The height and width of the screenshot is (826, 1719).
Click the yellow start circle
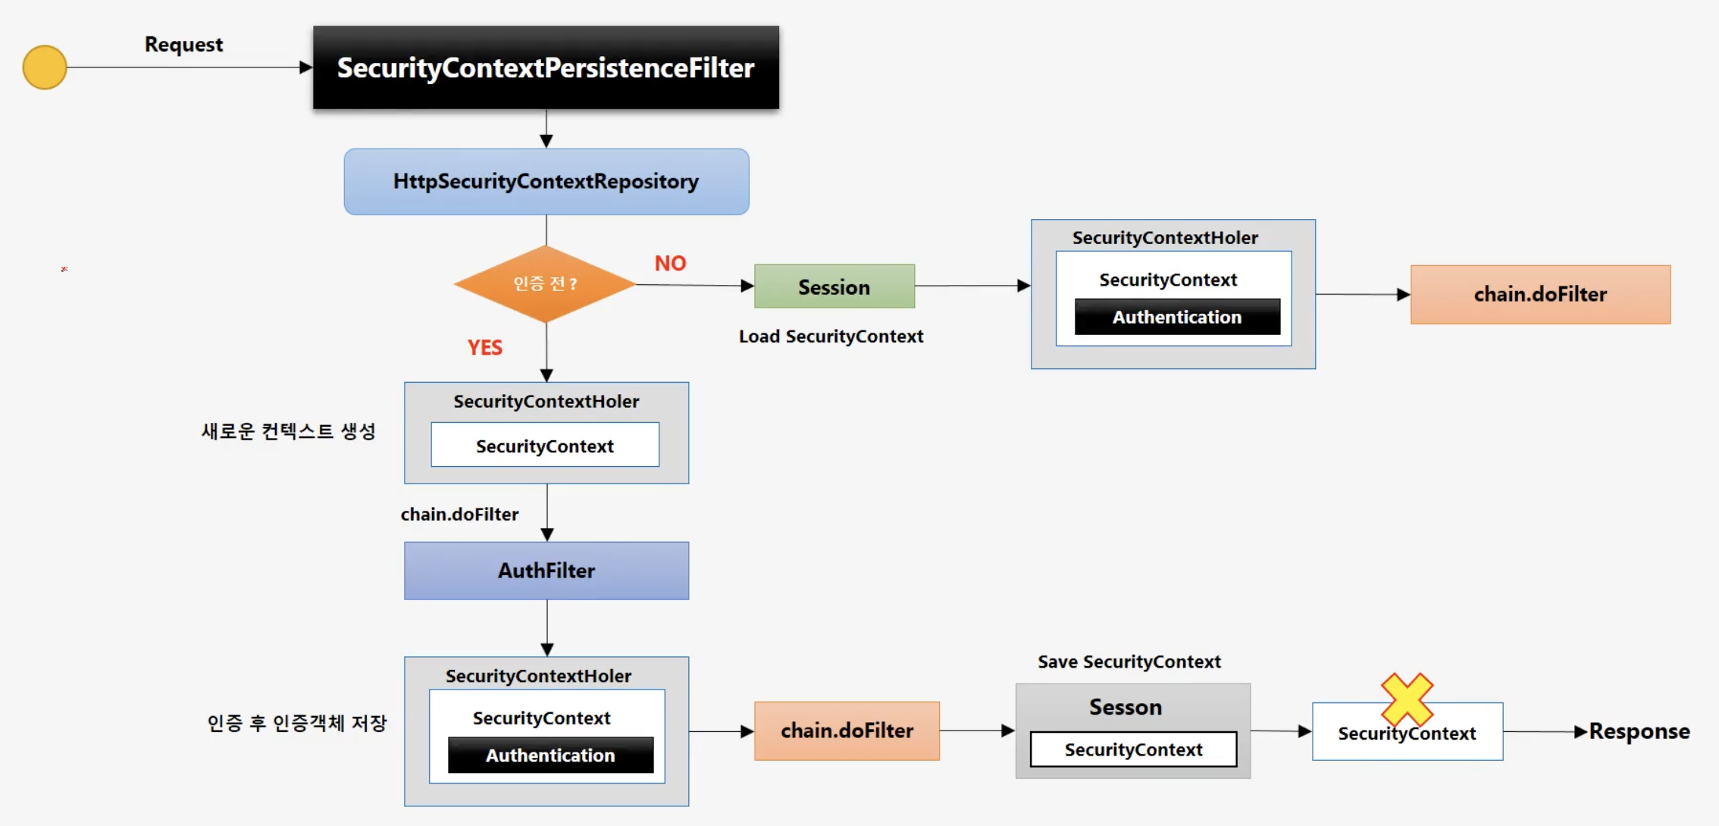(45, 67)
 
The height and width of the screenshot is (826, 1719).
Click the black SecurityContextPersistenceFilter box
(546, 67)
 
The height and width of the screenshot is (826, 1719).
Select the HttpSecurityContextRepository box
(546, 182)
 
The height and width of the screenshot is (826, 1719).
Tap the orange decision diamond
(545, 284)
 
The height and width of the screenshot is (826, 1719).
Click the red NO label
(670, 263)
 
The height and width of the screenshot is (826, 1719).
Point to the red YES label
(485, 347)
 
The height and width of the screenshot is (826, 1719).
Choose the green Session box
(834, 286)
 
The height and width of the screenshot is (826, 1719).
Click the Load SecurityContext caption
(831, 336)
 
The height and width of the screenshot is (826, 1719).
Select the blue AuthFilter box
(546, 571)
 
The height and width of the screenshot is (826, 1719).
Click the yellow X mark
(1407, 699)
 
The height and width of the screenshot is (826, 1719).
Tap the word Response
(1639, 731)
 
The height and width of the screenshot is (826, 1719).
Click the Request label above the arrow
(184, 45)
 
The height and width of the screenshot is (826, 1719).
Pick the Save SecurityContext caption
(1129, 662)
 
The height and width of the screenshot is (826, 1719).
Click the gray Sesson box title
(1126, 707)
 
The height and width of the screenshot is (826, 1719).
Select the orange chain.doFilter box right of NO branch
(1540, 295)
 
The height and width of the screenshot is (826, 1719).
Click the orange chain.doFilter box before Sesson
(847, 731)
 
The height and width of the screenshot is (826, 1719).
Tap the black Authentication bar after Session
(1177, 317)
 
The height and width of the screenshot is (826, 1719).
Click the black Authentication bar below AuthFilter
(550, 755)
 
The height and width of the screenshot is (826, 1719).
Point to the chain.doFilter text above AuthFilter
(459, 515)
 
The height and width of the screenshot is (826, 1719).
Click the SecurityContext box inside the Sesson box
(1133, 749)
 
